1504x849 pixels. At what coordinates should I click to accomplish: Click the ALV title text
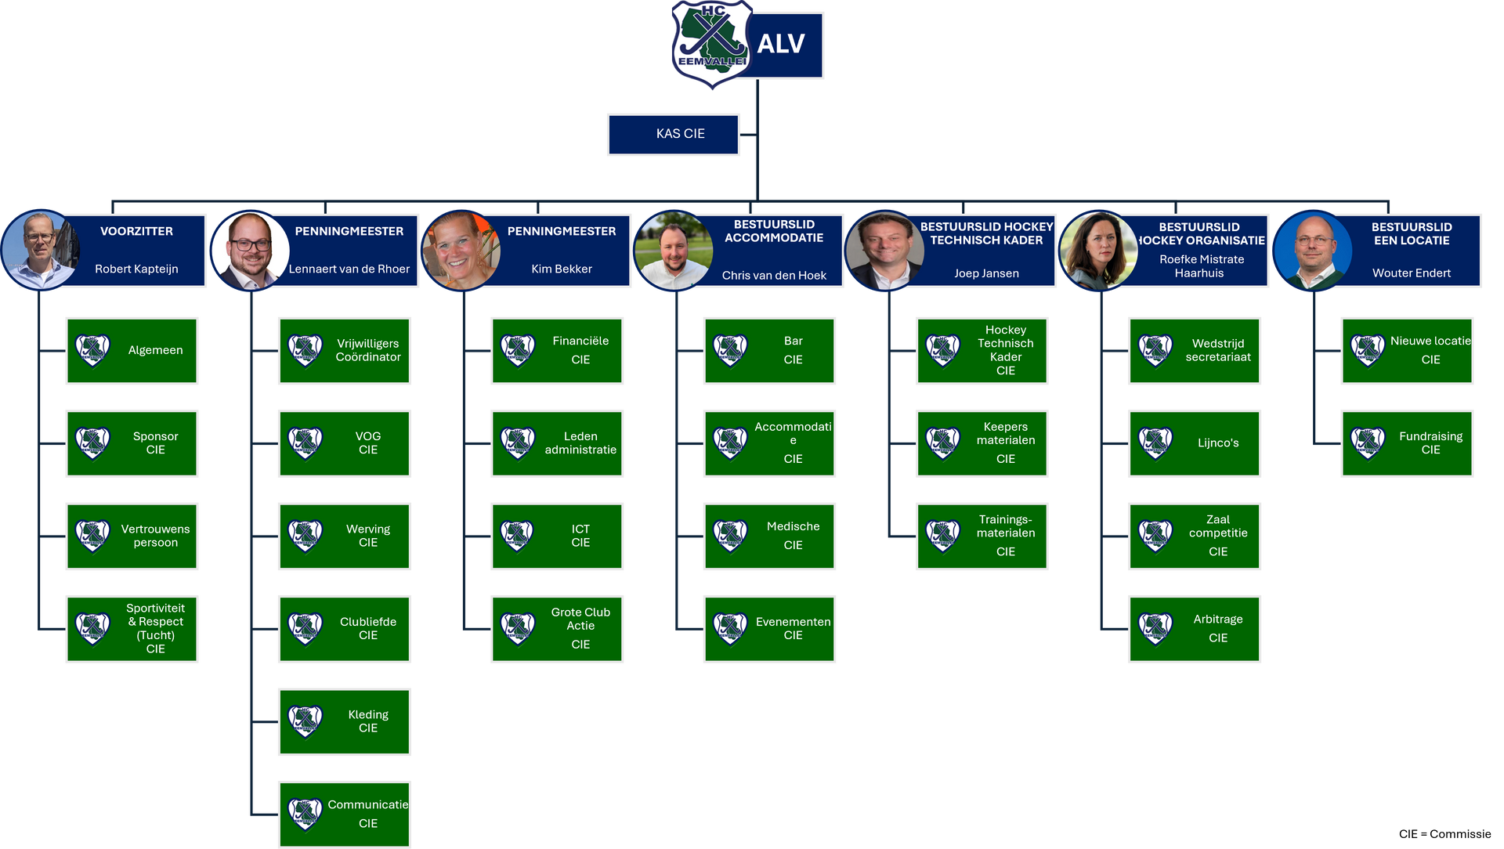pos(781,44)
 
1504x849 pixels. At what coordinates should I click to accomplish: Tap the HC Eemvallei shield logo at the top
pos(710,45)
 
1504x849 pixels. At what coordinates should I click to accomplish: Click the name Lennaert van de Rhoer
pos(349,269)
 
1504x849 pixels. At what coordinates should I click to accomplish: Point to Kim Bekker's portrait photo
pos(462,250)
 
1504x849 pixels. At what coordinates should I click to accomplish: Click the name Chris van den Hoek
pos(774,275)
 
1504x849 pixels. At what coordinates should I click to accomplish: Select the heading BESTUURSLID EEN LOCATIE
pos(1412,233)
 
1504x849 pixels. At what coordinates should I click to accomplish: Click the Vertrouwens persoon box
pos(132,536)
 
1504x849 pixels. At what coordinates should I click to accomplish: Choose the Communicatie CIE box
pos(345,814)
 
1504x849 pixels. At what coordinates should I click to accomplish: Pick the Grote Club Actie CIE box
pos(557,628)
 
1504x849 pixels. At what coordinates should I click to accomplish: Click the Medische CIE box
pos(769,536)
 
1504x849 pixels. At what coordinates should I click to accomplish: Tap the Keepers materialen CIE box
pos(982,443)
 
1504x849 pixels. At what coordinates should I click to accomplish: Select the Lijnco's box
pos(1195,443)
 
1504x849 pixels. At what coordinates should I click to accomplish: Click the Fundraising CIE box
pos(1407,443)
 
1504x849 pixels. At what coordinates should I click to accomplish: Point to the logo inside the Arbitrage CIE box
pos(1155,628)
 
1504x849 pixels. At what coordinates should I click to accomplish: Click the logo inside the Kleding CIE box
pos(305,721)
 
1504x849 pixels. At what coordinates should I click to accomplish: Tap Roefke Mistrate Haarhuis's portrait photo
pos(1098,250)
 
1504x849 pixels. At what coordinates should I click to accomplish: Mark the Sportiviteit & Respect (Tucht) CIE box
pos(132,628)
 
